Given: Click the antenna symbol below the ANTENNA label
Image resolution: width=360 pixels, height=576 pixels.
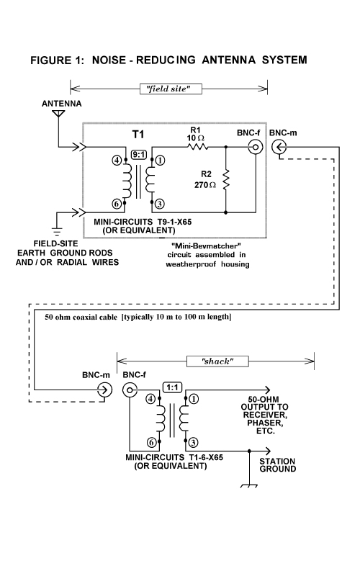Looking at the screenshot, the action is [58, 114].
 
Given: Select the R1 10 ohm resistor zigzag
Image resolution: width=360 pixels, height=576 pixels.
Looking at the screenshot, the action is [198, 147].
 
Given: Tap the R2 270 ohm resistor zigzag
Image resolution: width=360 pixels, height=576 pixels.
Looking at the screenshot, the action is [225, 179].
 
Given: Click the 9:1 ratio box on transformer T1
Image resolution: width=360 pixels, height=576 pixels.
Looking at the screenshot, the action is [139, 155].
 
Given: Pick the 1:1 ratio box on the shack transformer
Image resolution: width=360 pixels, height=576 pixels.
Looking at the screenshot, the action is [172, 387].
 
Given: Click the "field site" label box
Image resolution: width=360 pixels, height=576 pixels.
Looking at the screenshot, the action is [171, 89].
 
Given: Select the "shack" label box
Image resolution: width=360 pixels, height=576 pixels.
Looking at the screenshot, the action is [217, 361].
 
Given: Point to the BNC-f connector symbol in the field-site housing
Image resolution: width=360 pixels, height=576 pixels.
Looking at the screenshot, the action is [256, 148].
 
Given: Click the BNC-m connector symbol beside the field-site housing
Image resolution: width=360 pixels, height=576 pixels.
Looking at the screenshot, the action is [279, 148].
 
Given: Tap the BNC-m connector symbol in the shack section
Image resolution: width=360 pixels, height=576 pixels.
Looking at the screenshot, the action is [104, 390].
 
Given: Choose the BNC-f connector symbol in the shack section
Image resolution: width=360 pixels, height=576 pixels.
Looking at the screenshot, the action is [130, 390].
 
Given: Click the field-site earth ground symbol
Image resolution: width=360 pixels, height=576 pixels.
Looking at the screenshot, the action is [57, 231].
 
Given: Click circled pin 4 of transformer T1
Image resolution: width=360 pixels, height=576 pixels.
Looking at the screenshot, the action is [117, 160].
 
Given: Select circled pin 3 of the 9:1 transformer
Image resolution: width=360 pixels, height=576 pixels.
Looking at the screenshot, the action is [160, 204].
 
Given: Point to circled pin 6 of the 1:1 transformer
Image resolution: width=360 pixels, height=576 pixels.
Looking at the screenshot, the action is [152, 443].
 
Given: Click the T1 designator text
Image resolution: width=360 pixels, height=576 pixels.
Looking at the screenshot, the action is [138, 135].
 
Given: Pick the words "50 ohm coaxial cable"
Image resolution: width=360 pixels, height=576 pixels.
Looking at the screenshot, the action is [81, 317].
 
